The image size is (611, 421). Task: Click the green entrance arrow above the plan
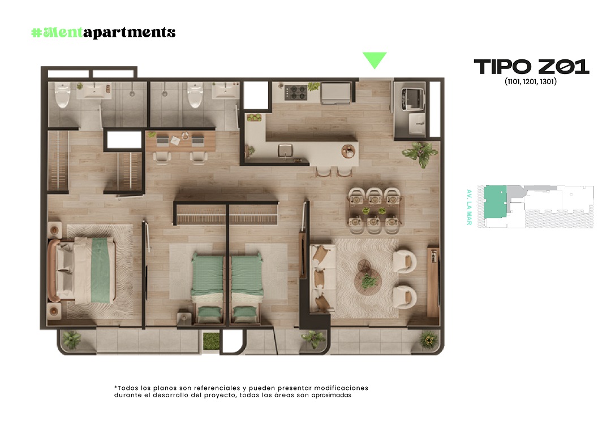click(375, 59)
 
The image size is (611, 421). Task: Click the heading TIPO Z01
click(531, 67)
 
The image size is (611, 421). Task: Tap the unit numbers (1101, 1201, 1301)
click(531, 82)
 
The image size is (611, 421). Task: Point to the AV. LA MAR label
click(469, 207)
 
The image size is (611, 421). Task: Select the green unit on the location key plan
click(494, 202)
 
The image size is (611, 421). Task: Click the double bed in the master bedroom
click(83, 271)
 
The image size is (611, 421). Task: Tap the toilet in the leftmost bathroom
click(62, 94)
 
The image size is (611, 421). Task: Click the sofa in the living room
click(321, 277)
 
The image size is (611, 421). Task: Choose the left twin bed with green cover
click(208, 287)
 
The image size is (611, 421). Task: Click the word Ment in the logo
click(63, 32)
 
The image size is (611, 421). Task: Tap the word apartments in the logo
click(130, 33)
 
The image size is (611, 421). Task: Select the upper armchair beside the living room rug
click(404, 261)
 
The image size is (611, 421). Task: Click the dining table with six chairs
click(374, 210)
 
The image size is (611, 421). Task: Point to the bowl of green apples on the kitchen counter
click(254, 117)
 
